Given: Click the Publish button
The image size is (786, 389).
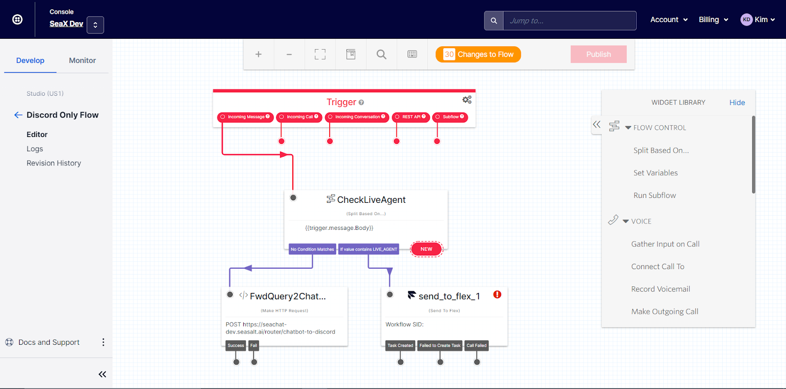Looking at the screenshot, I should click(x=598, y=54).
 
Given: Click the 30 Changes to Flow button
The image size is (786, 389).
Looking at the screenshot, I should click(x=478, y=54).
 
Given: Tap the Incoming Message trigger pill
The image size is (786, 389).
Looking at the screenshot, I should click(x=245, y=117).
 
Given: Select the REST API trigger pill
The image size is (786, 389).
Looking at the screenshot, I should click(x=411, y=117).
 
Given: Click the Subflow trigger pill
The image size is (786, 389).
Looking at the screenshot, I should click(x=450, y=117).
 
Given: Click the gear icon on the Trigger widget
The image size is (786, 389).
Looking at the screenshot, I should click(x=467, y=100).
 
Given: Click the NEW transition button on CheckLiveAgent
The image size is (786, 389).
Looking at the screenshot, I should click(x=426, y=249).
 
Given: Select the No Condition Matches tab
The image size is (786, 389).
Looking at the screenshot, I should click(x=312, y=249).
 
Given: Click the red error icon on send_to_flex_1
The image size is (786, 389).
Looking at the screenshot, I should click(x=497, y=295).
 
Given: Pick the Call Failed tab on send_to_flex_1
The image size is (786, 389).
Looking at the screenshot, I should click(x=477, y=345).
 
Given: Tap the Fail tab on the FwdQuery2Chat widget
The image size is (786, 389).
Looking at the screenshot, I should click(x=253, y=345).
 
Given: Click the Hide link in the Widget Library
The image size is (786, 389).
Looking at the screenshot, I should click(x=737, y=102).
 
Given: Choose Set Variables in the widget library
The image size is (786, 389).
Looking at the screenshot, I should click(x=655, y=173).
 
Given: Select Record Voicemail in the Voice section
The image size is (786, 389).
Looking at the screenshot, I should click(x=660, y=289).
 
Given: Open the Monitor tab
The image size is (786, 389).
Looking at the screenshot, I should click(x=82, y=60).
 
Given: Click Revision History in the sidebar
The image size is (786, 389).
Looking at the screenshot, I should click(x=54, y=163).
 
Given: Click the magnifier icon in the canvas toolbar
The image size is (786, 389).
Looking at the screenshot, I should click(x=381, y=54).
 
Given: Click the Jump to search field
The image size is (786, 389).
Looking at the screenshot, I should click(x=569, y=21).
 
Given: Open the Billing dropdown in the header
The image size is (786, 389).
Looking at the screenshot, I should click(x=713, y=20).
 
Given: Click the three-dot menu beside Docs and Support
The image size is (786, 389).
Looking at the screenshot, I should click(x=103, y=342).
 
